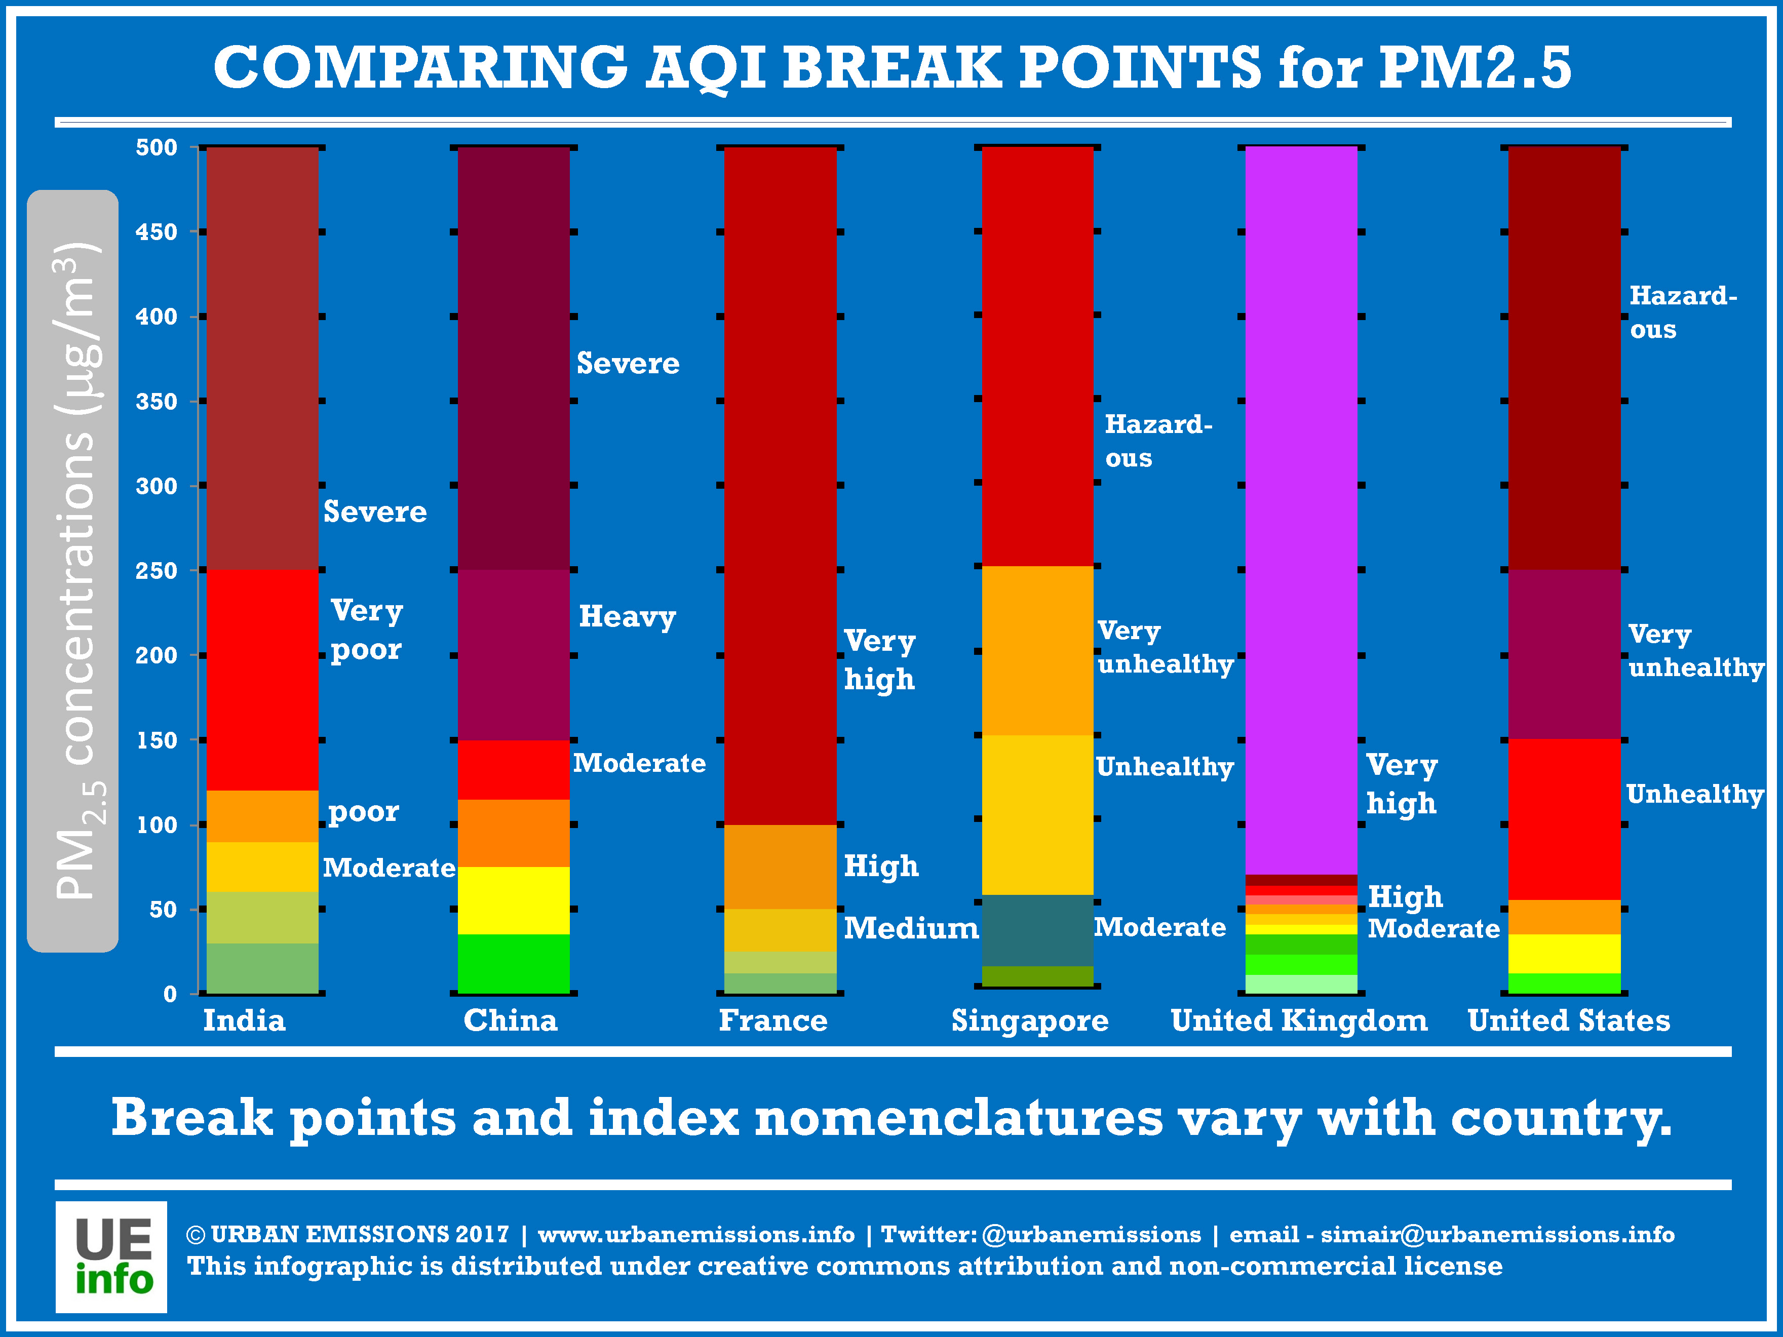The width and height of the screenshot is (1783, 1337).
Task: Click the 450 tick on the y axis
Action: pos(157,232)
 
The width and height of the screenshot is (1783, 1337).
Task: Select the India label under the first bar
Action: pos(244,1020)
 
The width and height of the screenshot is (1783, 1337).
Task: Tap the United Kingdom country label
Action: pos(1299,1020)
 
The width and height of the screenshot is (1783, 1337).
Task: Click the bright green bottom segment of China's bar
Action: pos(514,964)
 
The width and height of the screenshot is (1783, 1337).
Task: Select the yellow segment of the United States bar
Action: pos(1564,954)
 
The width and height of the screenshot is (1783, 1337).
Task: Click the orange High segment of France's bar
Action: pos(780,867)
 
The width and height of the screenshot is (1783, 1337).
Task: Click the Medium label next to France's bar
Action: pos(911,928)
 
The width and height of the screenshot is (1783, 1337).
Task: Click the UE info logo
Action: pos(111,1256)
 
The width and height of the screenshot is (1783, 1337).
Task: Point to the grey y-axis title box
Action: pos(72,571)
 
